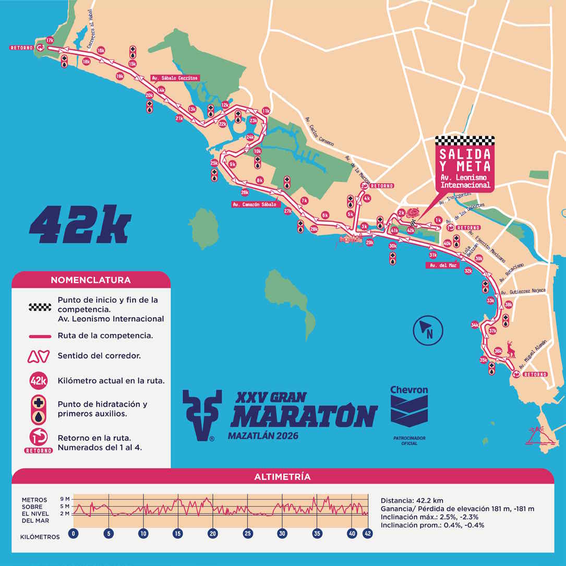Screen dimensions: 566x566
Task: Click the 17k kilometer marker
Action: point(50,40)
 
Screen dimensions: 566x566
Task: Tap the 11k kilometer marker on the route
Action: point(266,111)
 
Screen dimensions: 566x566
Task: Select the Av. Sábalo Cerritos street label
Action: point(174,78)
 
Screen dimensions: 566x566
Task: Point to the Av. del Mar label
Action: point(442,266)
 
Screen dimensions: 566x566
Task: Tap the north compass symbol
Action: point(428,330)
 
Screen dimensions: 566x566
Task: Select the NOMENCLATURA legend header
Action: point(91,280)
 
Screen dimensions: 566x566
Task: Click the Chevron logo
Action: point(409,407)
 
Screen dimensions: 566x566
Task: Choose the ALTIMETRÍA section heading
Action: point(282,476)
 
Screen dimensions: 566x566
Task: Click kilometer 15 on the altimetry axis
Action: point(178,534)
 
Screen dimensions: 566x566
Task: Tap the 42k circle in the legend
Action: point(39,381)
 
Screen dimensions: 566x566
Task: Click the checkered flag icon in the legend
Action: point(40,307)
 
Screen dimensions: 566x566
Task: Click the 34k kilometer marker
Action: point(475,325)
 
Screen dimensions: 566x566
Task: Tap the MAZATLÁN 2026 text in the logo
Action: point(263,435)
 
